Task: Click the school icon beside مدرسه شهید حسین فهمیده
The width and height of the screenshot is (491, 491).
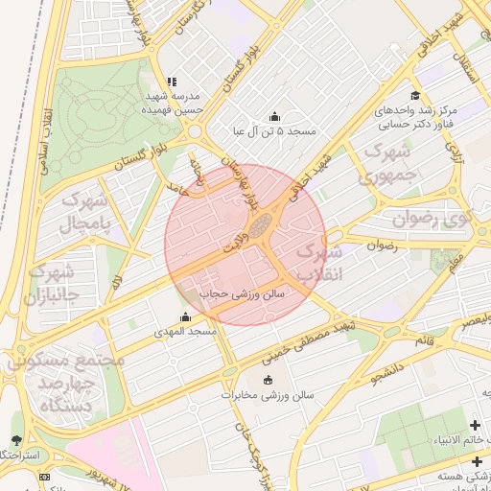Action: coord(172,82)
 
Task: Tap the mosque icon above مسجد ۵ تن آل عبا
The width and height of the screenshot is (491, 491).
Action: coord(275,117)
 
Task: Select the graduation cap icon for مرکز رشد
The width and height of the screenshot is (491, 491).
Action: coord(414,95)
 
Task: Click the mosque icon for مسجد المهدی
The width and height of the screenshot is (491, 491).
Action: coord(185,316)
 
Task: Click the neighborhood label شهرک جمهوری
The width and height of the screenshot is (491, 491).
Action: coord(386,164)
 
